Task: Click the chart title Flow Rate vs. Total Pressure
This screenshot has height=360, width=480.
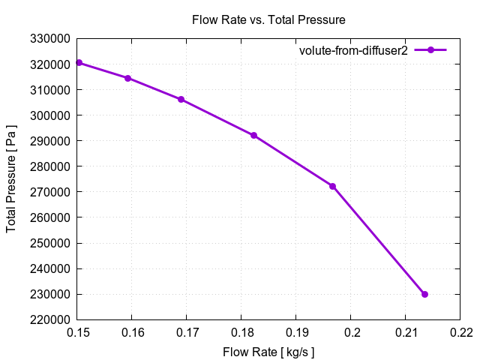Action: pos(268,19)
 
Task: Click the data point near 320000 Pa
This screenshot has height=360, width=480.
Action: pos(79,63)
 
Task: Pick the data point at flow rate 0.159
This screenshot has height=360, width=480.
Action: pos(127,78)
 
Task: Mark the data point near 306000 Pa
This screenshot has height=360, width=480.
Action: pos(181,99)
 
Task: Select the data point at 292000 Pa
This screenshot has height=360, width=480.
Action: pos(253,135)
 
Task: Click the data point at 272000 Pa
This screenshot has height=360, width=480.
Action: pos(332,186)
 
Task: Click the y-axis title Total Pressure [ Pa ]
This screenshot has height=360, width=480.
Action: pos(12,178)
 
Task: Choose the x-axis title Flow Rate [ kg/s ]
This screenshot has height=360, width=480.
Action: pos(268,352)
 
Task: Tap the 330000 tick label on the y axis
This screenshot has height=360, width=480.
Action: pos(50,39)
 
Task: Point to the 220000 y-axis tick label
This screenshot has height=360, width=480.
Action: pos(50,319)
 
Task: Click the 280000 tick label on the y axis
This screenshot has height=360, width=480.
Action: pos(50,166)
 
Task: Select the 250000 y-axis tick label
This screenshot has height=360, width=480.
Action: pos(50,243)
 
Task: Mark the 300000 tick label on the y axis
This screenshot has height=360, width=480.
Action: pos(50,115)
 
